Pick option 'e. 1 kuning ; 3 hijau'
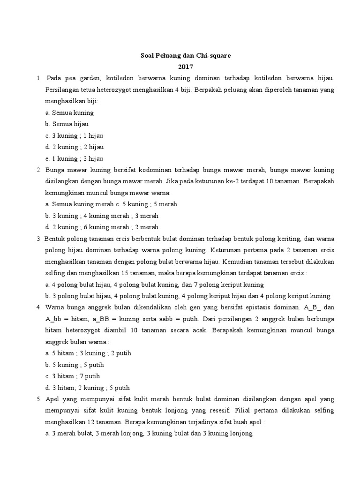click(75, 158)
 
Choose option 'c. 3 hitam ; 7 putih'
click(73, 376)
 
